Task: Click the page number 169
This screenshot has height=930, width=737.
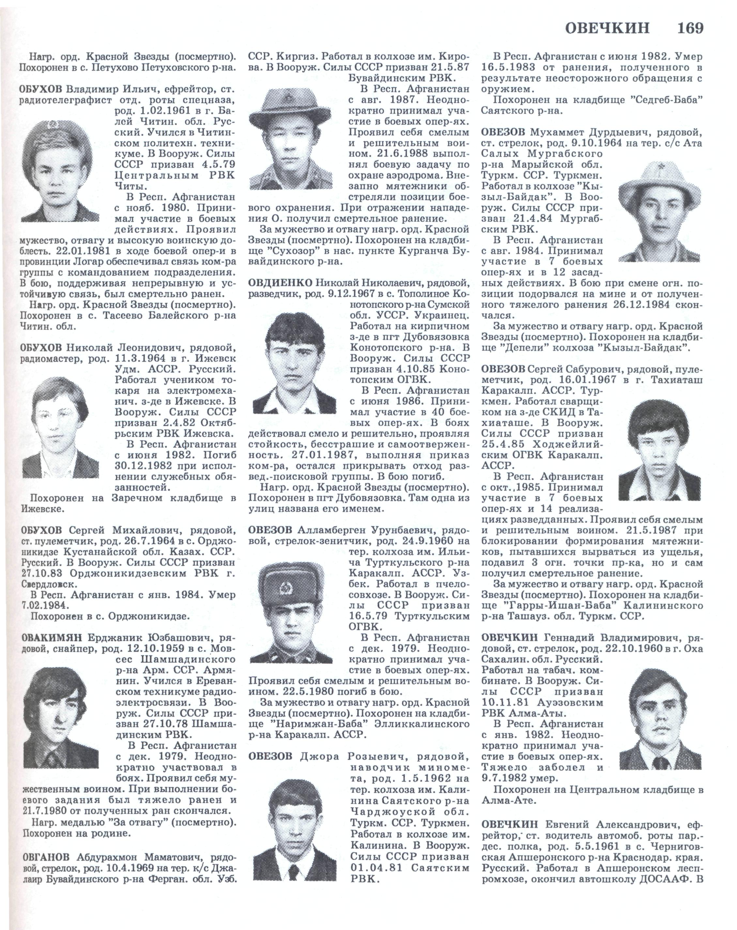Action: [x=689, y=28]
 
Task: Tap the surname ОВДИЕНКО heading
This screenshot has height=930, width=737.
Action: [x=280, y=283]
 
